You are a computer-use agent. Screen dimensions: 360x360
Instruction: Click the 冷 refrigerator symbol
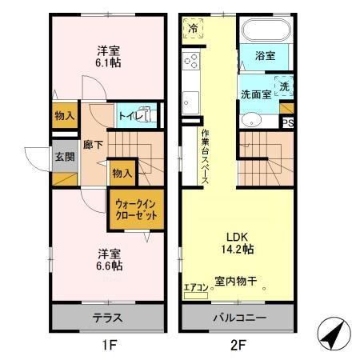coord(194,29)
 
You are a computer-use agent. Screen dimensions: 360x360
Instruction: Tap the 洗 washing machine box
coord(284,86)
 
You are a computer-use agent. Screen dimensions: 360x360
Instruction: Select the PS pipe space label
coord(287,122)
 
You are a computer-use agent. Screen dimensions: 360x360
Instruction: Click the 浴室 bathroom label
coord(266,56)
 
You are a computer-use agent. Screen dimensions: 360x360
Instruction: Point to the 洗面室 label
coord(257,94)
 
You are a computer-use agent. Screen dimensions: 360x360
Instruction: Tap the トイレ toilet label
coord(130,117)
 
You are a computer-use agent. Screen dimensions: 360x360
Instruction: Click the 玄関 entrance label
coord(65,157)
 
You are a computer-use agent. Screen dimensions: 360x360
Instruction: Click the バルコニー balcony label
coord(238,318)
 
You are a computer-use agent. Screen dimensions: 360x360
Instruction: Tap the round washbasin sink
coord(250,122)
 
